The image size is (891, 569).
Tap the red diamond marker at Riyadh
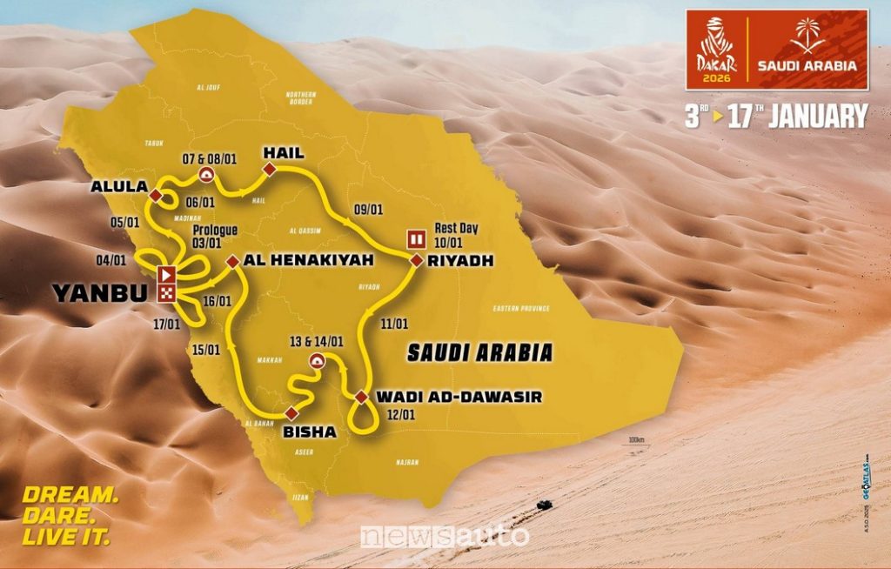click(416, 260)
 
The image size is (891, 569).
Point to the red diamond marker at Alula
click(155, 195)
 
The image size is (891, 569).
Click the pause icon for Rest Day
click(417, 238)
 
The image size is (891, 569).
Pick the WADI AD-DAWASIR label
click(459, 397)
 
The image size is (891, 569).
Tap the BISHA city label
click(309, 429)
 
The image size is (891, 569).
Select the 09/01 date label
click(369, 209)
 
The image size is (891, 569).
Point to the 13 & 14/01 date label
click(317, 341)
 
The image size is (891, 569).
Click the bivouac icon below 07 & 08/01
click(206, 175)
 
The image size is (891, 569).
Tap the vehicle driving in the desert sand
click(543, 504)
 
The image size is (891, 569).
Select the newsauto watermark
click(445, 536)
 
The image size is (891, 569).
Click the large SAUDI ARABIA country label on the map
click(479, 352)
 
